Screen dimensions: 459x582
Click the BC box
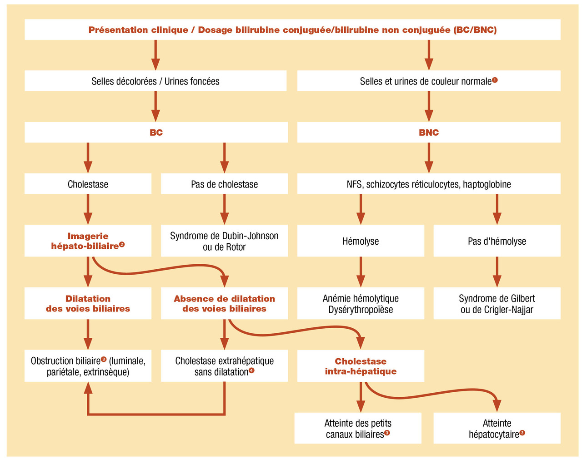tap(156, 133)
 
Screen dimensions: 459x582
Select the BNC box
tap(429, 133)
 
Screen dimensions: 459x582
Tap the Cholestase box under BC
tap(88, 184)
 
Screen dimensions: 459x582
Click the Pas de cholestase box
tap(224, 184)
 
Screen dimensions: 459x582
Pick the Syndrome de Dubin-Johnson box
tap(224, 241)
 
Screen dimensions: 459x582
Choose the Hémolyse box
tap(361, 241)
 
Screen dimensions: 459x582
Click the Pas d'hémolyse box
tap(497, 241)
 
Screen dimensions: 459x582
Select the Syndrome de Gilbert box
tap(497, 304)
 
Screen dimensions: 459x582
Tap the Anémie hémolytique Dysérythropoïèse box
tap(361, 304)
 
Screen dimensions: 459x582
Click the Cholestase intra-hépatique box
tap(361, 366)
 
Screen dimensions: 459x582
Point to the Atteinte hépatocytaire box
tap(497, 428)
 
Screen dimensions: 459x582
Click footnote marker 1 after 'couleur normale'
tap(495, 80)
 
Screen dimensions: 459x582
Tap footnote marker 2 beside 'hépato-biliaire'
tap(122, 245)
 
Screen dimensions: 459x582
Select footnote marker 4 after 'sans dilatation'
tap(252, 370)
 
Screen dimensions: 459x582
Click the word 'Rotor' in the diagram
tap(236, 247)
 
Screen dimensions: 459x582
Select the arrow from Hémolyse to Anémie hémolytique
tap(361, 271)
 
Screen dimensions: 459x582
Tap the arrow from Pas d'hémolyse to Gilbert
tap(497, 271)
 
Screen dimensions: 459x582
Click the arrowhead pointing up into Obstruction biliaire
tap(88, 388)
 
